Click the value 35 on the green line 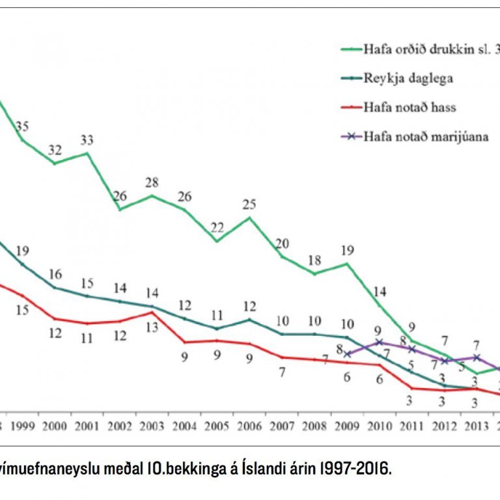pos(23,126)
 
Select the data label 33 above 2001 pos(87,139)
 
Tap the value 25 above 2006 pos(249,204)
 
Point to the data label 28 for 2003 pos(152,182)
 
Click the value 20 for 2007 pos(282,243)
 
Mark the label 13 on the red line pos(152,327)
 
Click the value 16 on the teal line pos(55,273)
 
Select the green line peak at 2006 pos(249,217)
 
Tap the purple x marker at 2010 pos(379,342)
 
